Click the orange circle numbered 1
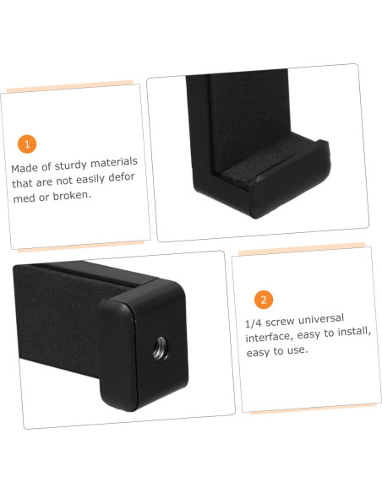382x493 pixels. [x=26, y=144]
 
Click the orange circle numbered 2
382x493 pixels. [x=264, y=300]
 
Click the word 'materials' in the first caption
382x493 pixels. [x=114, y=160]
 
